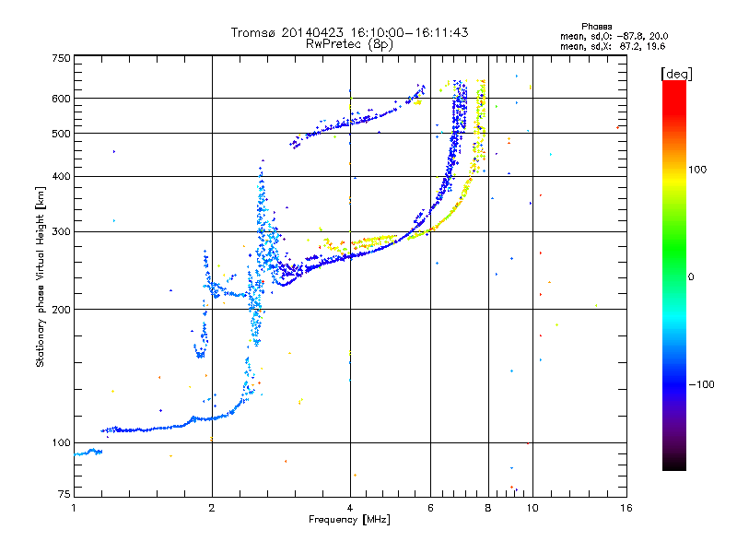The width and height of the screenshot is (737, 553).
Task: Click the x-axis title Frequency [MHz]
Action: point(350,521)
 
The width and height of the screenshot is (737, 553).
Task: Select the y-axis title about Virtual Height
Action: point(41,277)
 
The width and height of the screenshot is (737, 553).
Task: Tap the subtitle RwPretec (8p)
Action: point(350,43)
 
